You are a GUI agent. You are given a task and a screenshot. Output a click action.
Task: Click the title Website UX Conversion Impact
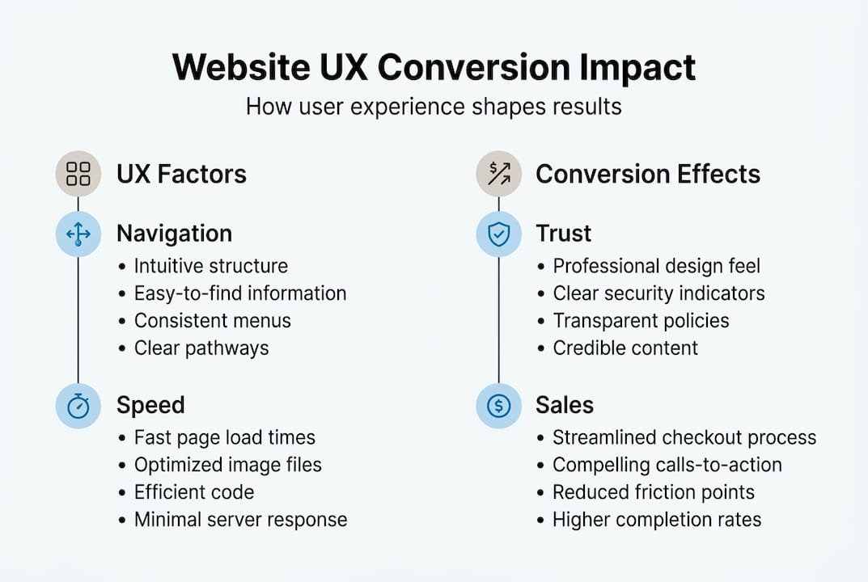(x=434, y=68)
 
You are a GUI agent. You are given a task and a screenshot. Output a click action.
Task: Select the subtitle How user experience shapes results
(x=434, y=107)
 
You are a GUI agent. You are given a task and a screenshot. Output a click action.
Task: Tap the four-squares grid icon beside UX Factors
(x=78, y=174)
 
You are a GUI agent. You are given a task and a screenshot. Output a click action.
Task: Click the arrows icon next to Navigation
(x=78, y=234)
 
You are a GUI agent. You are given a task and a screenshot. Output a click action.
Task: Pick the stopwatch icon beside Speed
(x=78, y=406)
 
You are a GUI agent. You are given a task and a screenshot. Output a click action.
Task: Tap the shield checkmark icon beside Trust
(x=499, y=234)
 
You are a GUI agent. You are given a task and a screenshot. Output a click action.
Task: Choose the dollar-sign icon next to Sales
(x=499, y=406)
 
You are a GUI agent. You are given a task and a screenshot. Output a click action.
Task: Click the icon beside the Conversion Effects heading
(x=499, y=174)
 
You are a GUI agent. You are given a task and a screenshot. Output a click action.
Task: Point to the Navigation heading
(x=174, y=234)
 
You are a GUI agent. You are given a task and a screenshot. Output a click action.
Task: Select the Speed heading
(x=150, y=405)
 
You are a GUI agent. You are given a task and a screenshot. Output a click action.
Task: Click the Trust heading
(x=564, y=234)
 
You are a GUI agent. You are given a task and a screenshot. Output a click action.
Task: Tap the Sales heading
(x=565, y=405)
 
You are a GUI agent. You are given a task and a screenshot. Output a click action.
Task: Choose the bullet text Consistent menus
(x=212, y=321)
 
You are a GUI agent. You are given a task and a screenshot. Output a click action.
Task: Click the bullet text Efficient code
(x=193, y=492)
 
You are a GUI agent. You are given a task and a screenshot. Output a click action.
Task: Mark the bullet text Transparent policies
(x=641, y=321)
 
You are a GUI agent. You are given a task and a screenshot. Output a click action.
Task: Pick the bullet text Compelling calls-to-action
(x=667, y=465)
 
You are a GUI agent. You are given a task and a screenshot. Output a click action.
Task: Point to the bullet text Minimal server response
(x=240, y=520)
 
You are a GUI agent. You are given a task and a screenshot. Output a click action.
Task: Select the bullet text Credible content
(x=625, y=348)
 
